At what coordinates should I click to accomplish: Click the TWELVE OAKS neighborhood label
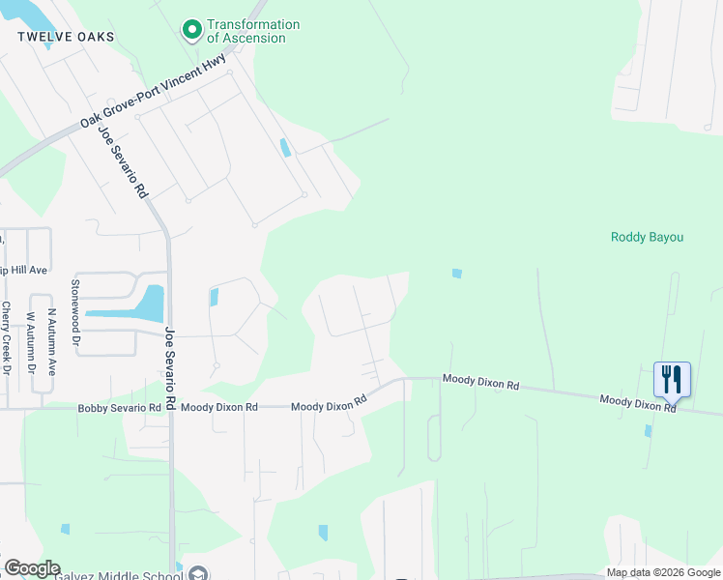tap(66, 37)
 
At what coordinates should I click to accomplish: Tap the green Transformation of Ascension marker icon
tap(191, 31)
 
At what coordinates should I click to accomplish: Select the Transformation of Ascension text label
tap(253, 31)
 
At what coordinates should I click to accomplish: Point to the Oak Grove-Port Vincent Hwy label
tap(154, 92)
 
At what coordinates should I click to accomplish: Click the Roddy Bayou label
tap(648, 237)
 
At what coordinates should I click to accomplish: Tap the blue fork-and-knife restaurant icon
tap(672, 379)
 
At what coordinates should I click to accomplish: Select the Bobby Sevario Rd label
tap(119, 409)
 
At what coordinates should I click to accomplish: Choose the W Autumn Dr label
tap(31, 342)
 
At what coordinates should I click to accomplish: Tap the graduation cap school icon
tap(197, 572)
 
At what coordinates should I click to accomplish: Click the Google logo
tap(32, 568)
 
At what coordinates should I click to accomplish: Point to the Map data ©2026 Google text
tap(662, 573)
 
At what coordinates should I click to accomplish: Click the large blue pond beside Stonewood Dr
tap(147, 304)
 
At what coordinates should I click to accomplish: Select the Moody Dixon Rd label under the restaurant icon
tap(638, 403)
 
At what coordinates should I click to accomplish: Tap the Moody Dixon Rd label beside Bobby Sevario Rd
tap(218, 408)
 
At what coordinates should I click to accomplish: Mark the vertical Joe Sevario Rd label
tap(170, 366)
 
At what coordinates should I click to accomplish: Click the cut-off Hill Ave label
tap(23, 271)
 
